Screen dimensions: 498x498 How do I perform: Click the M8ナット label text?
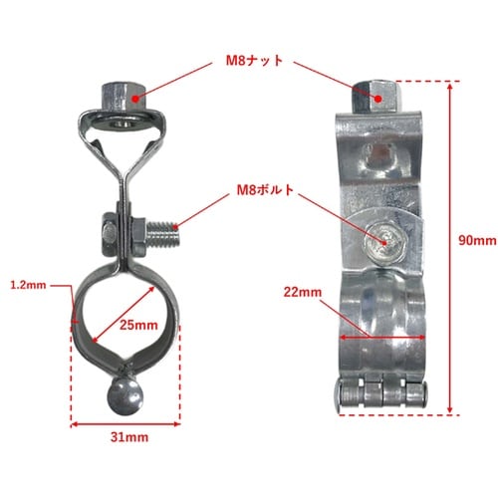click(x=254, y=61)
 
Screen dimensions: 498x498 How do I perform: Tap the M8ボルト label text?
click(x=265, y=190)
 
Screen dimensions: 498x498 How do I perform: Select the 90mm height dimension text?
click(x=477, y=240)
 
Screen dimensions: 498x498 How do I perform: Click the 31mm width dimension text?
click(x=129, y=437)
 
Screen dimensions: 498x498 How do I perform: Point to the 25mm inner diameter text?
click(x=138, y=325)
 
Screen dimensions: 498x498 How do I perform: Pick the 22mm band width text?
click(x=303, y=292)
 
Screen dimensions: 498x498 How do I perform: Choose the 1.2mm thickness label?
click(x=28, y=285)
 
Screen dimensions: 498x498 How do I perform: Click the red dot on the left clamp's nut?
click(x=134, y=99)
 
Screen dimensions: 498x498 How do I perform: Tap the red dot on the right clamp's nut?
click(x=378, y=99)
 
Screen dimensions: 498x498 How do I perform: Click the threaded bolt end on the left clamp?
click(x=162, y=234)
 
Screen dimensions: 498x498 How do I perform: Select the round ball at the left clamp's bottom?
click(x=124, y=396)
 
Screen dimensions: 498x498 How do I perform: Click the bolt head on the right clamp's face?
click(x=384, y=242)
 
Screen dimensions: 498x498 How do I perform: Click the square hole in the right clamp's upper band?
click(x=379, y=156)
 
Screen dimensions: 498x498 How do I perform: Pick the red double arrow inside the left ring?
click(x=124, y=314)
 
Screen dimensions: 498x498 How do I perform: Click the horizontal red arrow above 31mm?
click(x=125, y=424)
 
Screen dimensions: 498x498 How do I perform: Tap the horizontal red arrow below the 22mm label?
click(x=382, y=338)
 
